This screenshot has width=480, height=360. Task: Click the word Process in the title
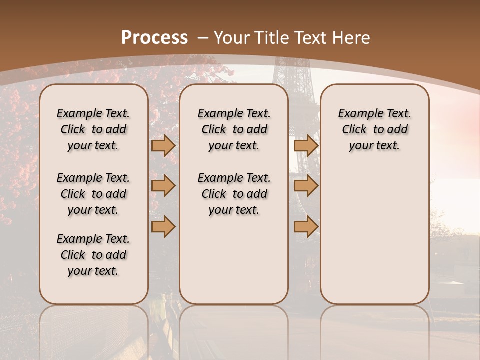(155, 38)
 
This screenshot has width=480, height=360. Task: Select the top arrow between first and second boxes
(163, 145)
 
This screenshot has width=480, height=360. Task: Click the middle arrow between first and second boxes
(163, 186)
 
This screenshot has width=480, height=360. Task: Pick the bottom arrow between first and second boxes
(163, 227)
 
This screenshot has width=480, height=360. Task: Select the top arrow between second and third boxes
(306, 145)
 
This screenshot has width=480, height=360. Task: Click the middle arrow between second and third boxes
(306, 186)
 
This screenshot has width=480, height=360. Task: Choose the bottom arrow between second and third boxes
(306, 227)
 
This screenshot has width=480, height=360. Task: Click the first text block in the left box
(93, 129)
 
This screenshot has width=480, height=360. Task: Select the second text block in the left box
(93, 194)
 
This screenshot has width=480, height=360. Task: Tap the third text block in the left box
(93, 255)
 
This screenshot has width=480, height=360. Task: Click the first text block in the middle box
(234, 129)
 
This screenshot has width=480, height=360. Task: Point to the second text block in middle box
(234, 194)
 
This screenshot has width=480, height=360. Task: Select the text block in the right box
(375, 129)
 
